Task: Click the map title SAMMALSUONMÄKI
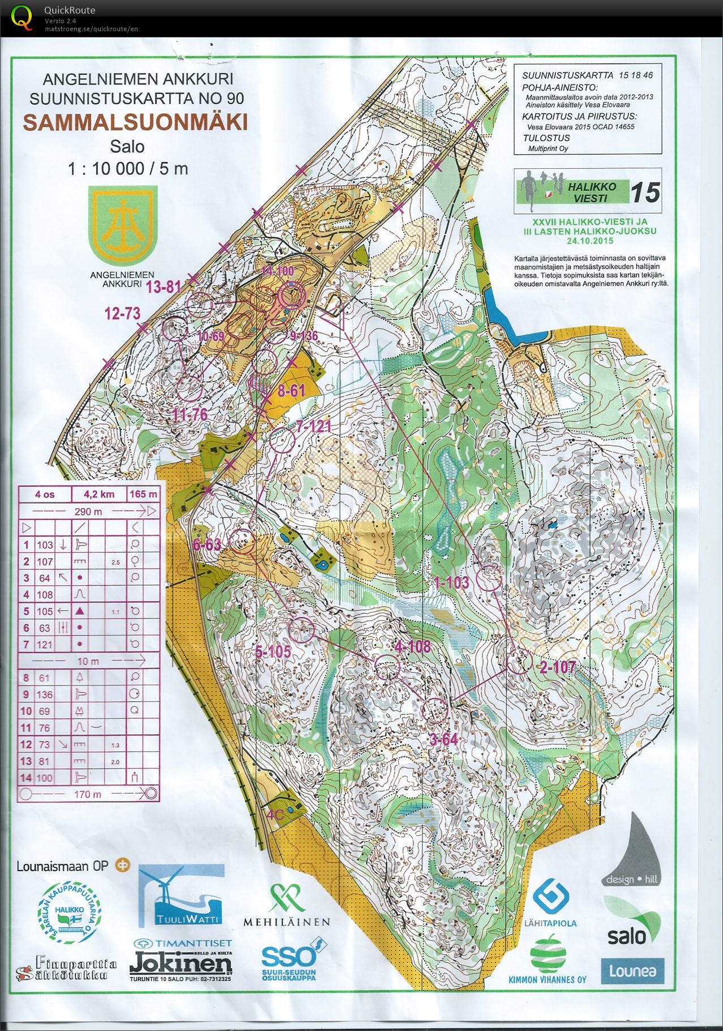135,122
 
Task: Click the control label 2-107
557,667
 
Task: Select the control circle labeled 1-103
489,580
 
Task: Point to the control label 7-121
313,426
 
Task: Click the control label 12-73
122,313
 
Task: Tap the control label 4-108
412,646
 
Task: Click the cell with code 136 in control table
45,695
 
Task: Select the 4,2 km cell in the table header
99,494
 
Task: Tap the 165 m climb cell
143,494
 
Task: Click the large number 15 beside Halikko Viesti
645,193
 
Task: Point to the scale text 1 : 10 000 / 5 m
128,168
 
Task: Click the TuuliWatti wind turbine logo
181,896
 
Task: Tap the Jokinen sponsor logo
181,964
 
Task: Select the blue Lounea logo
632,971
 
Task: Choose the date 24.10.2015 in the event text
590,240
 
